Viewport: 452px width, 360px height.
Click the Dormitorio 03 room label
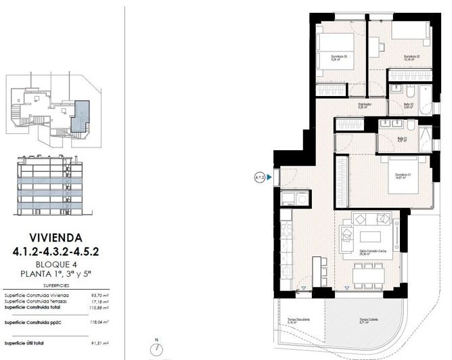339,56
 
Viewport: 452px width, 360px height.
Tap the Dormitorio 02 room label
413,56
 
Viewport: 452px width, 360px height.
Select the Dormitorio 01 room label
405,176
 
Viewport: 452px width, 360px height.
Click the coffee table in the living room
369,237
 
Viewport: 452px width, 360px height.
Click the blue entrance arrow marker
269,178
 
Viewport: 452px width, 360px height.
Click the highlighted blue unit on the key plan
81,114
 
